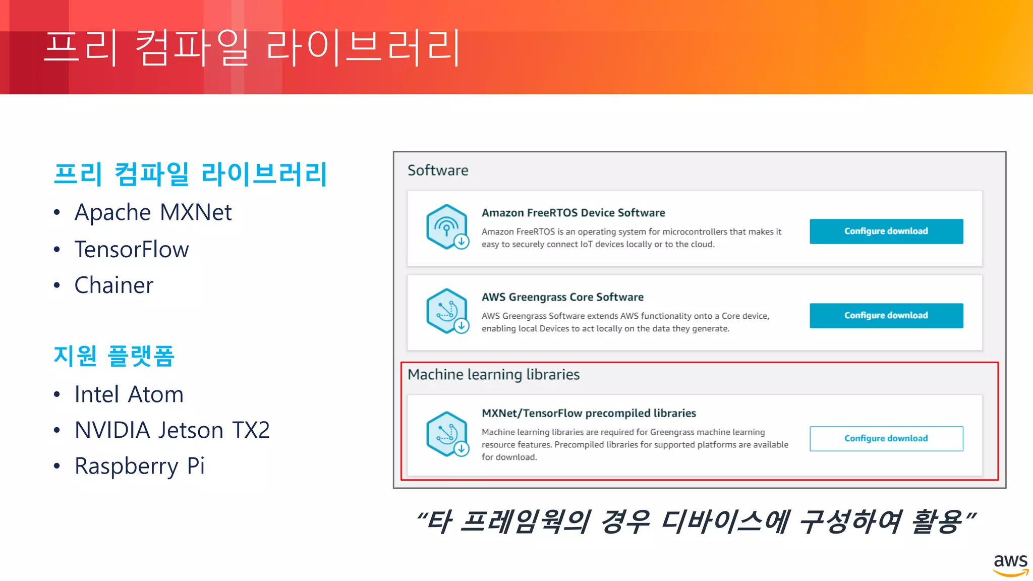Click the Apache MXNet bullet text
(153, 212)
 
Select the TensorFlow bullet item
(132, 249)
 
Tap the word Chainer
(114, 285)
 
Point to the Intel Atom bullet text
(129, 394)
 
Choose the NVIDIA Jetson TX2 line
(172, 430)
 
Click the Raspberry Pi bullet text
(140, 466)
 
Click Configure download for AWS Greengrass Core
(886, 316)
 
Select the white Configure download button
(886, 439)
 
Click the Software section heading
(438, 170)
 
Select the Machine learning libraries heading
(493, 375)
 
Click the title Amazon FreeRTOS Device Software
(573, 213)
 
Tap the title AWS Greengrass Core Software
(562, 297)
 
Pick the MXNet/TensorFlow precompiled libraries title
(589, 414)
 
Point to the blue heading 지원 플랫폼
(114, 356)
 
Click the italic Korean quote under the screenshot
(696, 522)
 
